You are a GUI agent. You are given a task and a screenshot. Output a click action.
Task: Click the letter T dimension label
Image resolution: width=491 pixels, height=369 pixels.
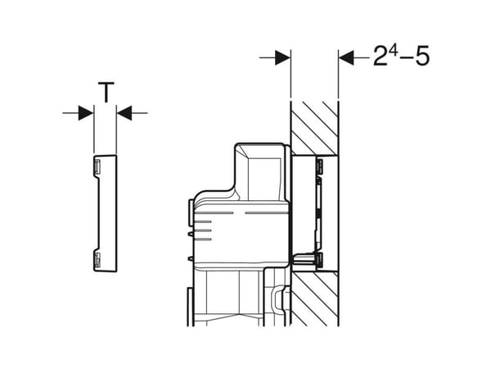[106, 92]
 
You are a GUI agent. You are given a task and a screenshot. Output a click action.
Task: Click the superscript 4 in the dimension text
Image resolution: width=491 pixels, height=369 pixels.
[394, 52]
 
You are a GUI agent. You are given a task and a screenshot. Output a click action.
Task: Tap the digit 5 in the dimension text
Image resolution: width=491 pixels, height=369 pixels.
[422, 56]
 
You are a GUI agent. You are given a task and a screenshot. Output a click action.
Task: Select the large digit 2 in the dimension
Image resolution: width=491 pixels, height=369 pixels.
[381, 56]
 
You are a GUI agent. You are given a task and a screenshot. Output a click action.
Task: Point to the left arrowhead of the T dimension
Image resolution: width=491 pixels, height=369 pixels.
[86, 113]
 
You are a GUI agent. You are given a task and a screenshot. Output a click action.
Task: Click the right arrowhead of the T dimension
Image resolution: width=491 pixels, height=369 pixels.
[124, 113]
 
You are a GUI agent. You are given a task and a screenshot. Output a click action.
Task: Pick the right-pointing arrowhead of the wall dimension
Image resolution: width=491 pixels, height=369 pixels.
[283, 57]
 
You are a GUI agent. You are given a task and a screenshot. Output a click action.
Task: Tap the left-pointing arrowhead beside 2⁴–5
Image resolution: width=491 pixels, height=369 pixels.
[346, 57]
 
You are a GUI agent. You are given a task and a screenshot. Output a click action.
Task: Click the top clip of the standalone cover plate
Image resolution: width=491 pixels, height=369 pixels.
[97, 166]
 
